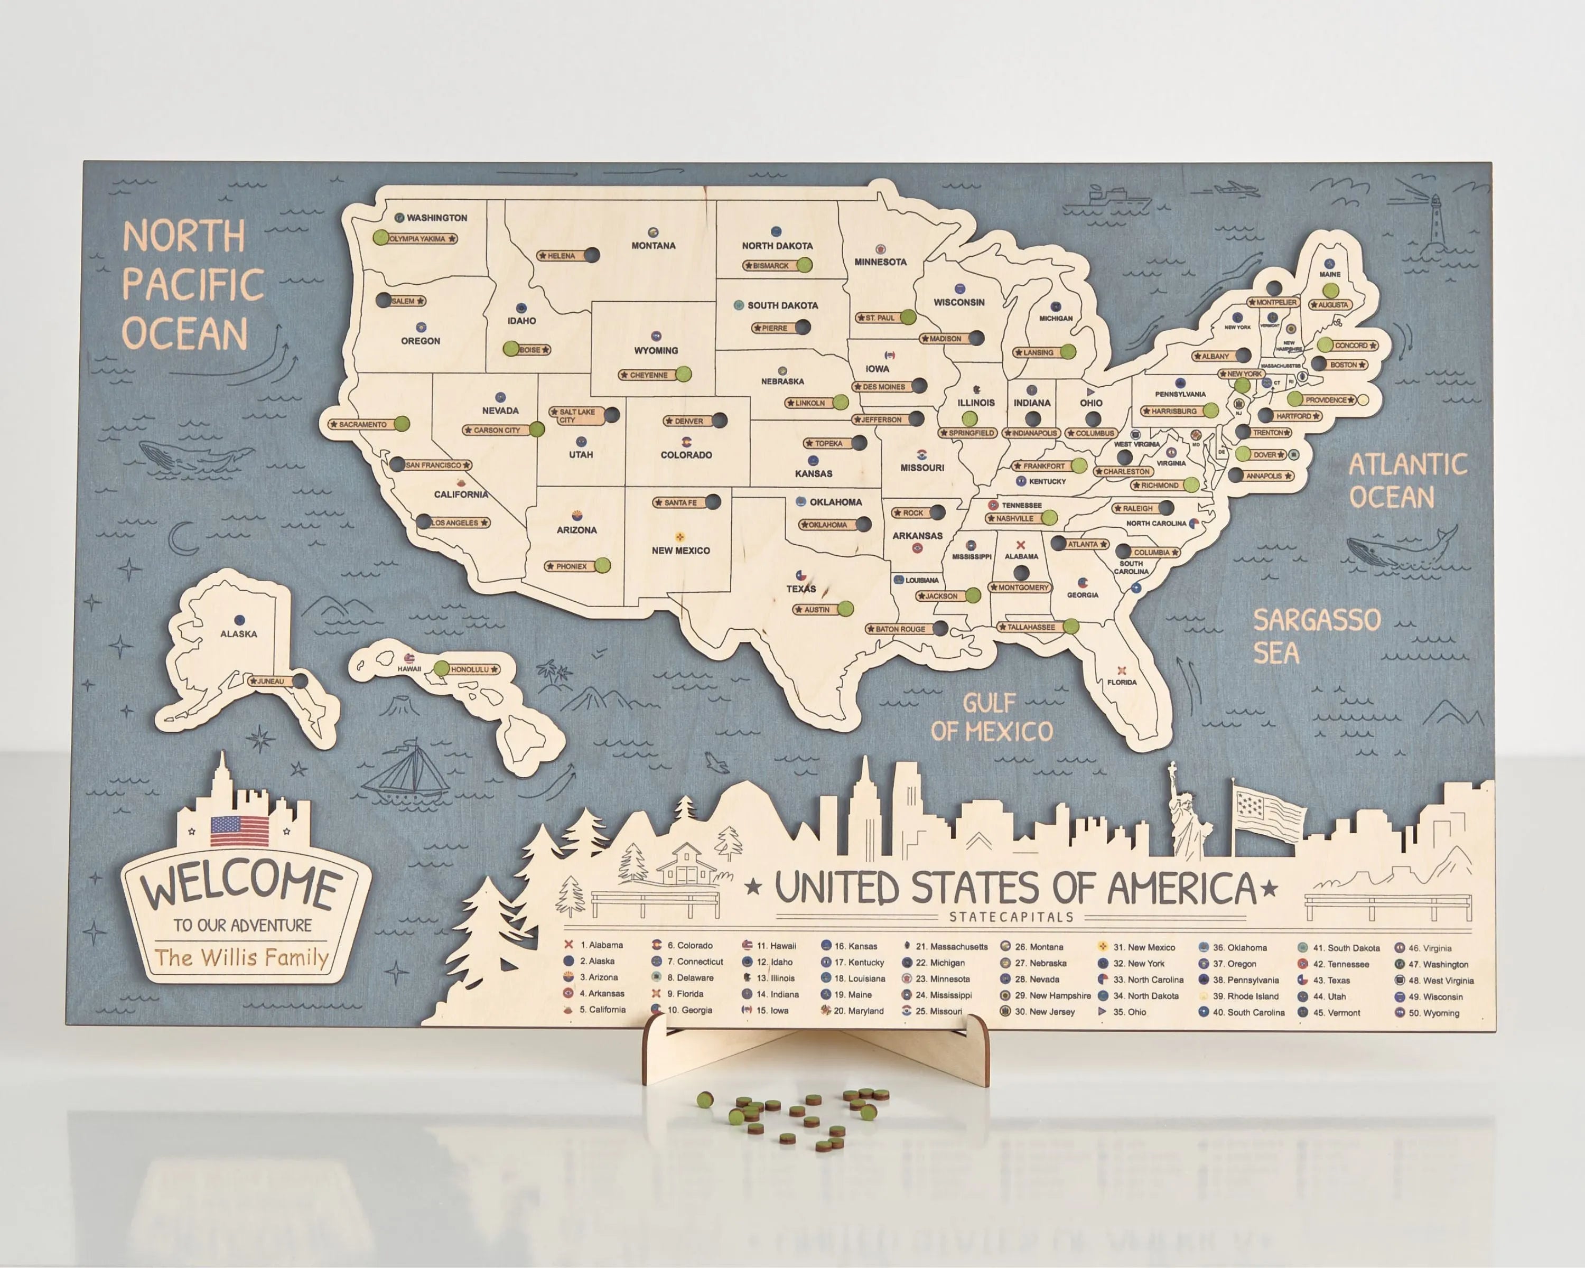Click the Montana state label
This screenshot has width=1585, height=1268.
653,246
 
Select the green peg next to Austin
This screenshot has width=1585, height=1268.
845,609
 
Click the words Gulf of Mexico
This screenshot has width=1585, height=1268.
991,717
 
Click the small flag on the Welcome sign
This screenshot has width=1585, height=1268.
240,831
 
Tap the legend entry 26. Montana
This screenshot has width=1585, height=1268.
1038,947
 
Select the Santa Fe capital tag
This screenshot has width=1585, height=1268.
680,503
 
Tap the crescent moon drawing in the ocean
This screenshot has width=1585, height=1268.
181,539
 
